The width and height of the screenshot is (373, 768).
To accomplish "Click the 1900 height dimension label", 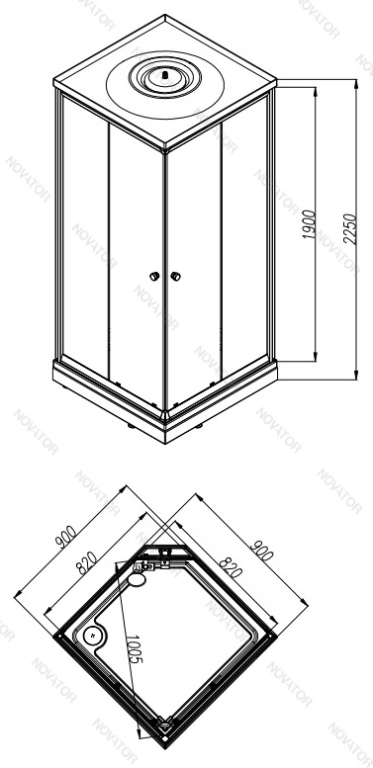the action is click(x=309, y=224).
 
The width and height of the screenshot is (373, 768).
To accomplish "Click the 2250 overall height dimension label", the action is click(x=350, y=228).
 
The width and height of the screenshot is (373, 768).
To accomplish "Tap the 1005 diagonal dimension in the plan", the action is click(x=133, y=649).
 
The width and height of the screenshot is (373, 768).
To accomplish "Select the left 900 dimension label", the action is click(x=65, y=537).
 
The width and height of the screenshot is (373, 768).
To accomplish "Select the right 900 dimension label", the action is click(x=261, y=550).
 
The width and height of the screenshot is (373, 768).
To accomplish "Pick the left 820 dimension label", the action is click(x=86, y=562).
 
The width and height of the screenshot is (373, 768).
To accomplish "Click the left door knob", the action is click(x=154, y=276).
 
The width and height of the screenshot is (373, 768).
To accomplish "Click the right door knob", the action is click(x=175, y=276).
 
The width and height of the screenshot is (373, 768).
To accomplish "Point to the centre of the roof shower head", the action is click(x=165, y=76).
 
